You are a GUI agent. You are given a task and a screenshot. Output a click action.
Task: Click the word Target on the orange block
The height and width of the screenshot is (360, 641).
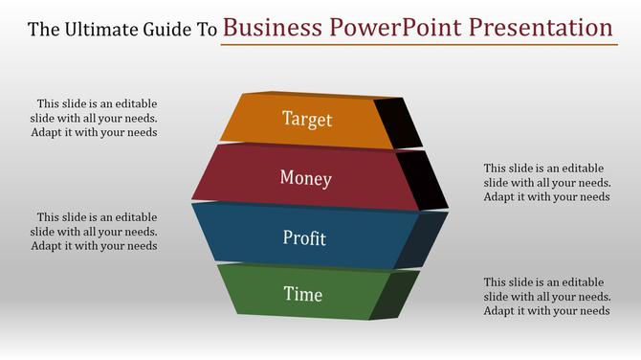coord(307,119)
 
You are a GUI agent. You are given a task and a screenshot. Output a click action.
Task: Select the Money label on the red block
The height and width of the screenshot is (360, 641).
coord(306,178)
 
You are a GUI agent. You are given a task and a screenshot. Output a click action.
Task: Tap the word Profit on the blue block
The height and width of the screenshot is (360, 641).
coord(304,237)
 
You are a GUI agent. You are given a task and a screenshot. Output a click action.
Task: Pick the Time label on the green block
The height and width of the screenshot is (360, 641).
coord(303,294)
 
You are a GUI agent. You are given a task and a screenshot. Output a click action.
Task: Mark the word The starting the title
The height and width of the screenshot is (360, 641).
coord(43,29)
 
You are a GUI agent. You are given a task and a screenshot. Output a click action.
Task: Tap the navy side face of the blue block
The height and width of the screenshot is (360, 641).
coord(421,239)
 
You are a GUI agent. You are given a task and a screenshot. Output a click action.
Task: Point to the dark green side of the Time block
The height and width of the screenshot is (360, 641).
coord(394,295)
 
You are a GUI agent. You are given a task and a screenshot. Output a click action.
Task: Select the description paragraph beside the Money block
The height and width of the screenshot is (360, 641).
coord(546,182)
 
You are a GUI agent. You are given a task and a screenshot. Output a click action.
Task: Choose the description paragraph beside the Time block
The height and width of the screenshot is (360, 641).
coord(546,296)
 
